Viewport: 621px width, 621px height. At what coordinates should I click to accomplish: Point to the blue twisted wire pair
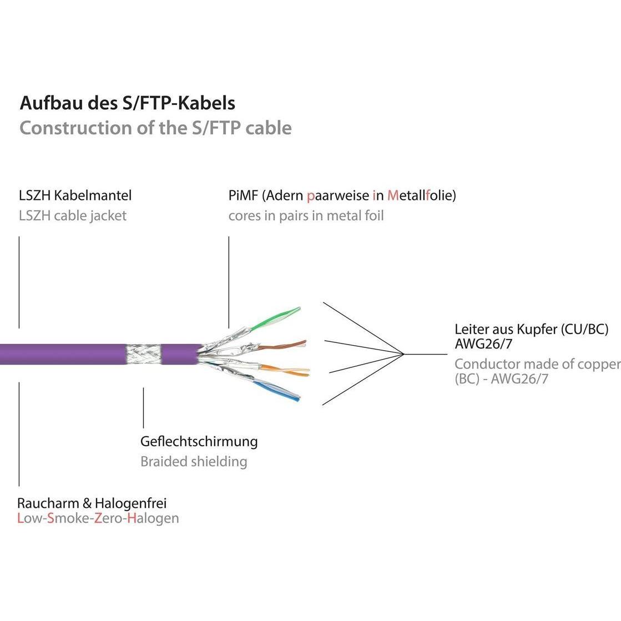coord(277,390)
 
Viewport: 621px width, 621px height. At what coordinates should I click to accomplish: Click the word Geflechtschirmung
coord(199,442)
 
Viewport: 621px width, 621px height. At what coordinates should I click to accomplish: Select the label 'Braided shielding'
coord(194,461)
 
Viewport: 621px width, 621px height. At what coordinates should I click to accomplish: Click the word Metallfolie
coord(420,195)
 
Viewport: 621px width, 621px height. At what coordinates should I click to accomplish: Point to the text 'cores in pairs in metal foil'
coord(306,215)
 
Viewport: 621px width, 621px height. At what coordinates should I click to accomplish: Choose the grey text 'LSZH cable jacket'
coord(73,215)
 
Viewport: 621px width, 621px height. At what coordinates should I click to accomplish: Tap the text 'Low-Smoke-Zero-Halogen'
coord(98,518)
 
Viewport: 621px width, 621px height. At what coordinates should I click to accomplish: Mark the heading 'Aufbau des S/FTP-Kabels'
coord(127,103)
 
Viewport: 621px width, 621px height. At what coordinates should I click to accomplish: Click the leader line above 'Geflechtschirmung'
coord(143,408)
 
